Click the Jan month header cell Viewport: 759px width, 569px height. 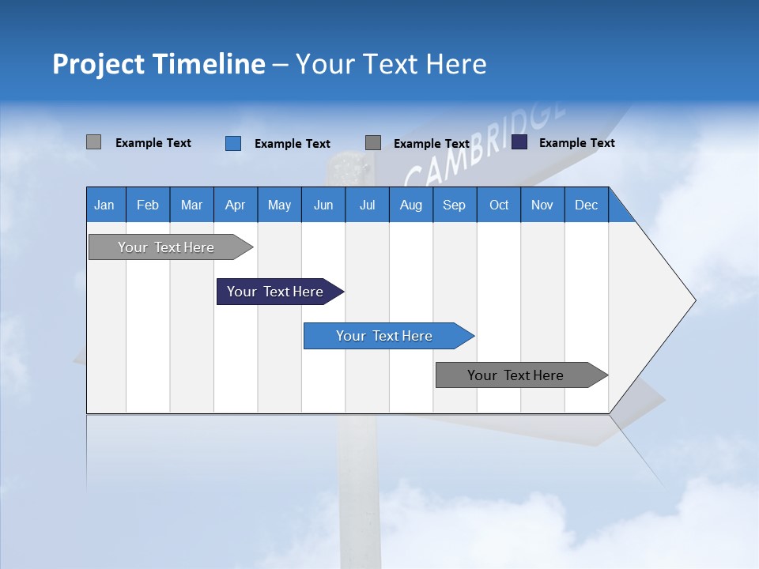pyautogui.click(x=105, y=205)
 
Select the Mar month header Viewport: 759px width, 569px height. pyautogui.click(x=191, y=205)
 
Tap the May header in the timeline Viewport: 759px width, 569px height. pyautogui.click(x=279, y=205)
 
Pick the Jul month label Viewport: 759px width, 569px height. pyautogui.click(x=367, y=205)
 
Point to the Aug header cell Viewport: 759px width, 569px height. pyautogui.click(x=410, y=205)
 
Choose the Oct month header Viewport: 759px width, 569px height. pyautogui.click(x=499, y=205)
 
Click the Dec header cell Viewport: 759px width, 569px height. pyautogui.click(x=586, y=205)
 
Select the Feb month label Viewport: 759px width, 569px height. pyautogui.click(x=148, y=205)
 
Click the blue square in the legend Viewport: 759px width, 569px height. pyautogui.click(x=233, y=143)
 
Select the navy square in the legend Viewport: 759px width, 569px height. pyautogui.click(x=519, y=142)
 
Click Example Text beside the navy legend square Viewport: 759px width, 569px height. pyautogui.click(x=576, y=143)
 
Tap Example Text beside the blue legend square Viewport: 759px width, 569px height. pyautogui.click(x=292, y=144)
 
